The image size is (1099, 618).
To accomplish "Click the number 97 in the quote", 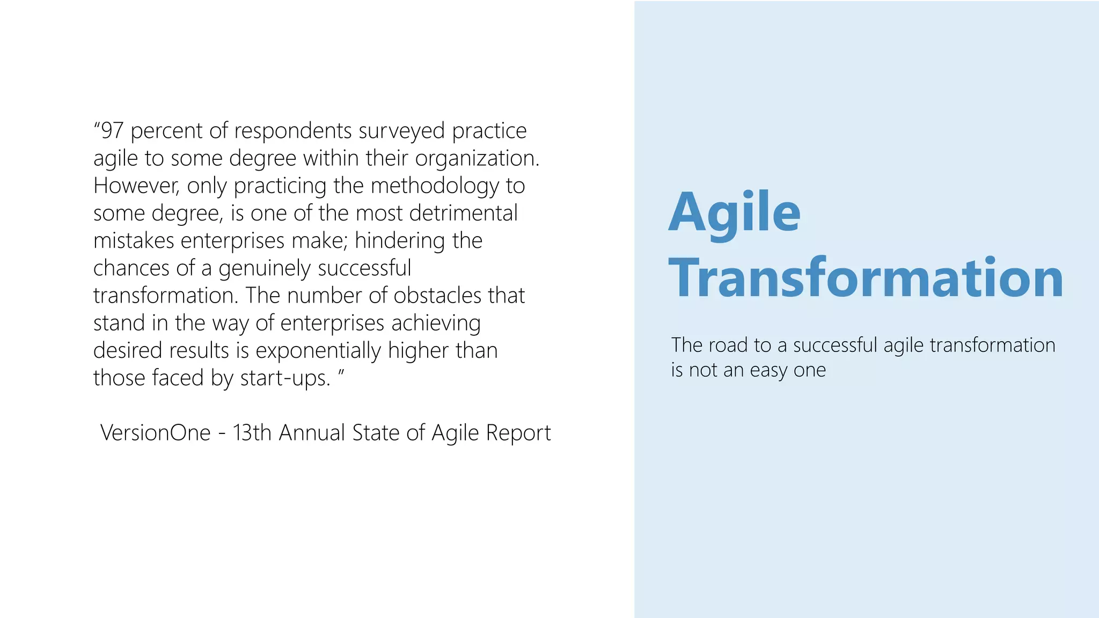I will [x=112, y=131].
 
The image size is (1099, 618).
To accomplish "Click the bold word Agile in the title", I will [x=734, y=213].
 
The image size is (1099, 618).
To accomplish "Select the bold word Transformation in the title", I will [x=865, y=278].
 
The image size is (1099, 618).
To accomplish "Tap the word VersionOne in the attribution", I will [x=156, y=433].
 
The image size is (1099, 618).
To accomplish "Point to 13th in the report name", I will [x=252, y=433].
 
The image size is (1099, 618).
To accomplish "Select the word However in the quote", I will [x=134, y=186].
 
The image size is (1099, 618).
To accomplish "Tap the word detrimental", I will [x=463, y=214].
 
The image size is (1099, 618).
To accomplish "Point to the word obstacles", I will [x=437, y=296].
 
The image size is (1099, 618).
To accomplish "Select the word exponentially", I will [x=318, y=351].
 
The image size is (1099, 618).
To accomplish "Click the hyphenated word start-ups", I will [x=284, y=378].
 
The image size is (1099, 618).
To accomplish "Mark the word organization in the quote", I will [x=477, y=159].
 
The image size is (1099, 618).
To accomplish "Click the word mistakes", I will [x=134, y=241].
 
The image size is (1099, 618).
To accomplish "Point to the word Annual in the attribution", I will [x=312, y=433].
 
